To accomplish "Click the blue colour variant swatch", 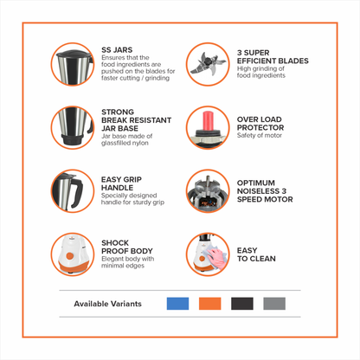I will (177, 304).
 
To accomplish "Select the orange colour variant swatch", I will (209, 304).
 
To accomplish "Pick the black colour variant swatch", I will (241, 304).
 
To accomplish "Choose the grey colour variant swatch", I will (273, 304).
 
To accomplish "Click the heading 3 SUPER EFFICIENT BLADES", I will (260, 61).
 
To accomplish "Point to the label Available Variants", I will (111, 304).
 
